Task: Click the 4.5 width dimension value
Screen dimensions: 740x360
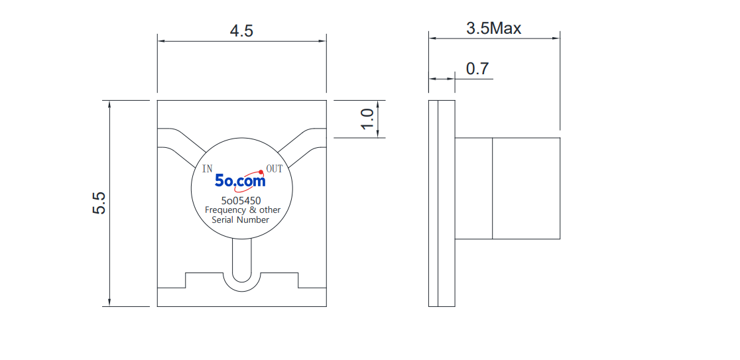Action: [241, 30]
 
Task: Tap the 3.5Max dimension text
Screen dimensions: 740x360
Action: [493, 29]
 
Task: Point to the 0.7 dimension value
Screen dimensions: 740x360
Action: [477, 69]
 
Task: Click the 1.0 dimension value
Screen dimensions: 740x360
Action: [368, 119]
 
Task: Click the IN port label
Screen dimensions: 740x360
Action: [207, 169]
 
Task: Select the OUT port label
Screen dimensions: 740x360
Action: [275, 168]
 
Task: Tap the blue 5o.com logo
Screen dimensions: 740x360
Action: [240, 180]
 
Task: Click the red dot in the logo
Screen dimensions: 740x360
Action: [261, 172]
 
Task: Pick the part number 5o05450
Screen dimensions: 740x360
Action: [241, 200]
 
